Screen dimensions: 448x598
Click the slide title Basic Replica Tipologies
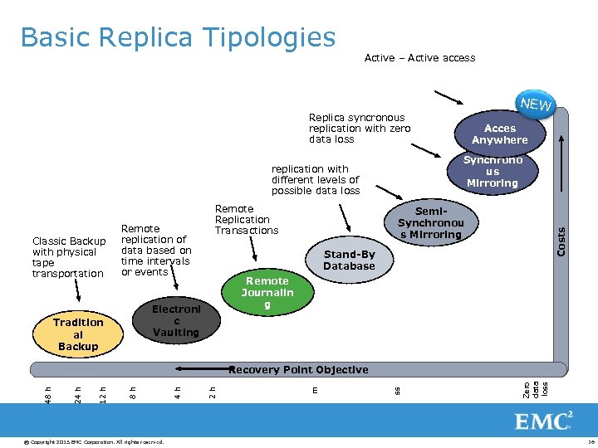pos(178,37)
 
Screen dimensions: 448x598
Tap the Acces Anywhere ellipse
pos(499,134)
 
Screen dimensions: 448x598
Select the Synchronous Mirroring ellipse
pos(493,172)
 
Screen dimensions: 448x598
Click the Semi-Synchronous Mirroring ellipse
pos(430,223)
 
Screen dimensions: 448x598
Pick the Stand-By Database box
pos(349,261)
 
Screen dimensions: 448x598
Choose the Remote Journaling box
pos(267,293)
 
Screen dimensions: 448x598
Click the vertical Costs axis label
pos(561,241)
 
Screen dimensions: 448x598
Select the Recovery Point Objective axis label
pos(298,369)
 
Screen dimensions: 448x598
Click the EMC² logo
pos(544,421)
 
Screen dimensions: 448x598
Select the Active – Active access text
pos(419,58)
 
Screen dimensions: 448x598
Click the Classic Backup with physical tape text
pos(69,257)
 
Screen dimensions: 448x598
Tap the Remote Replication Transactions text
pos(247,220)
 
